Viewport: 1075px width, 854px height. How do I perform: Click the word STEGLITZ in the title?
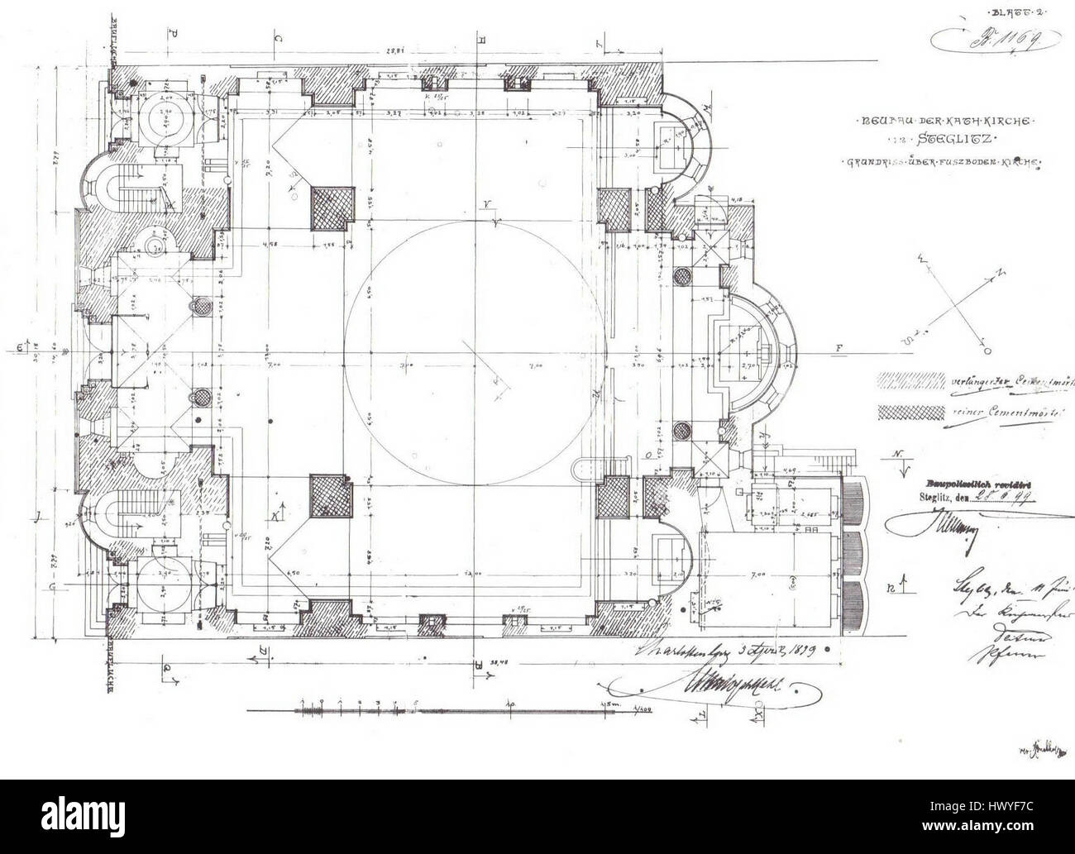click(957, 141)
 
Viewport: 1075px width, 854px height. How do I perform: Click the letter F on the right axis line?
click(838, 349)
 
